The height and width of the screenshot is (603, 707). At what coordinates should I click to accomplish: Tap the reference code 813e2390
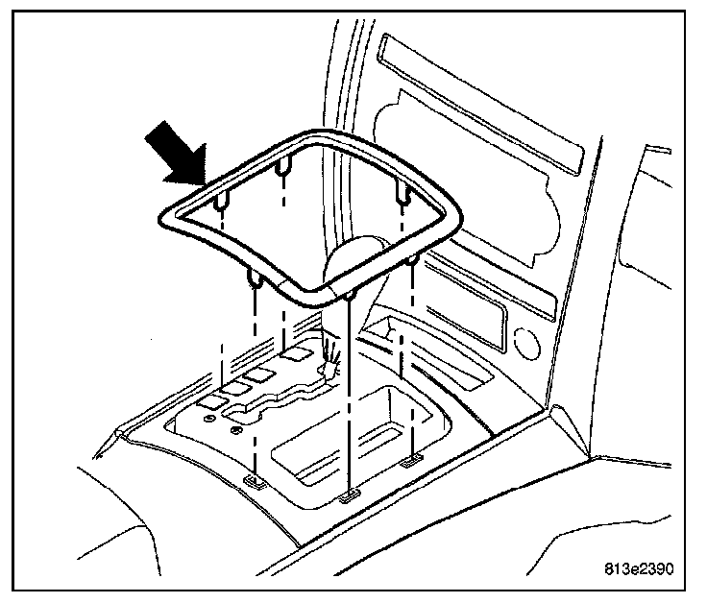coord(639,567)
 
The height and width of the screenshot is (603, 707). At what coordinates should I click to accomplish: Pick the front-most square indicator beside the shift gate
coord(220,395)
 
